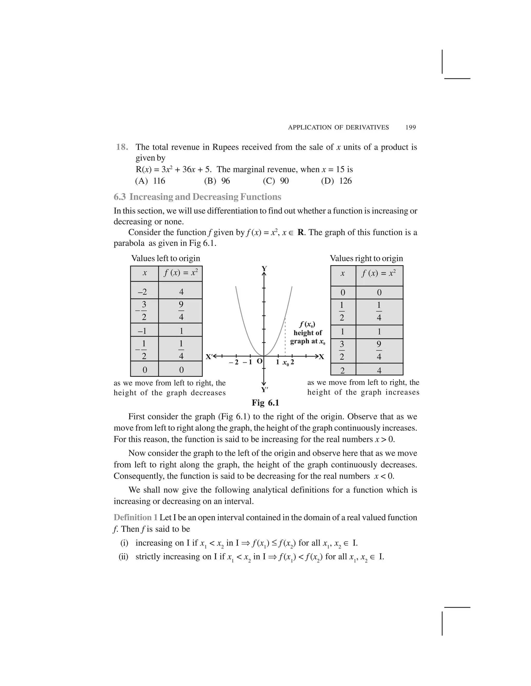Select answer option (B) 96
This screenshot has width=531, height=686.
tap(217, 181)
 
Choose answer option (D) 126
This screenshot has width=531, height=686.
tap(336, 181)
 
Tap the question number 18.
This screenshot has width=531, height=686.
tap(122, 147)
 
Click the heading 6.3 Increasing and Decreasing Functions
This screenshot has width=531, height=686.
tap(197, 197)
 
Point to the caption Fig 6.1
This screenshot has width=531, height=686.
tap(265, 403)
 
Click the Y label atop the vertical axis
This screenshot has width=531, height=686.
tap(264, 268)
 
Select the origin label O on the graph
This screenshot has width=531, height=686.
tap(259, 361)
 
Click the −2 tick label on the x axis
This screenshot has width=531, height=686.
tap(234, 362)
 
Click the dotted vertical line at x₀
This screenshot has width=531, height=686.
tap(285, 336)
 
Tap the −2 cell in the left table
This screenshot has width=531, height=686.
tap(144, 292)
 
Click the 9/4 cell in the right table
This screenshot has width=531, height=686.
tap(379, 351)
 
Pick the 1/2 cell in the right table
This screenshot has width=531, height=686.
tap(342, 311)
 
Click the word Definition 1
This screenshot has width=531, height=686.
tap(136, 517)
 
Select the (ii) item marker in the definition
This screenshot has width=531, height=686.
tap(123, 557)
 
